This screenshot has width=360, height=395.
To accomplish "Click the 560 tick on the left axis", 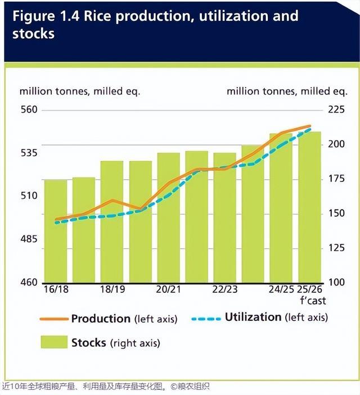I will [x=29, y=110].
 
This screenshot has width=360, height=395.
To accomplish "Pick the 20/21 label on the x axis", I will [x=168, y=290].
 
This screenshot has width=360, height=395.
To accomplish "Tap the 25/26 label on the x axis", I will [x=310, y=290].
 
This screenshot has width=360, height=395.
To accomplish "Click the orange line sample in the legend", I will [x=53, y=319].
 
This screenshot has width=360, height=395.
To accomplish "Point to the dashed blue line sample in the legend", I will [x=205, y=318].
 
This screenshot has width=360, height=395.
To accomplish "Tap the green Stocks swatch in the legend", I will [x=52, y=342].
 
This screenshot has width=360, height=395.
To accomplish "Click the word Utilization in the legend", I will [x=253, y=317].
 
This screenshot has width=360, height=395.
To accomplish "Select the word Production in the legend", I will [x=101, y=319].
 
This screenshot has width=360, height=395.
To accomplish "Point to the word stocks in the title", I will [x=33, y=34].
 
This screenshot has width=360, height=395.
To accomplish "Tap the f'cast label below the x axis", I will [x=313, y=300].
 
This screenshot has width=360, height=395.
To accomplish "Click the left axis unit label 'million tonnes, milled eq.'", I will [x=80, y=91].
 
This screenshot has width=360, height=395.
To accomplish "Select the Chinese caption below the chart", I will [x=107, y=387].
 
